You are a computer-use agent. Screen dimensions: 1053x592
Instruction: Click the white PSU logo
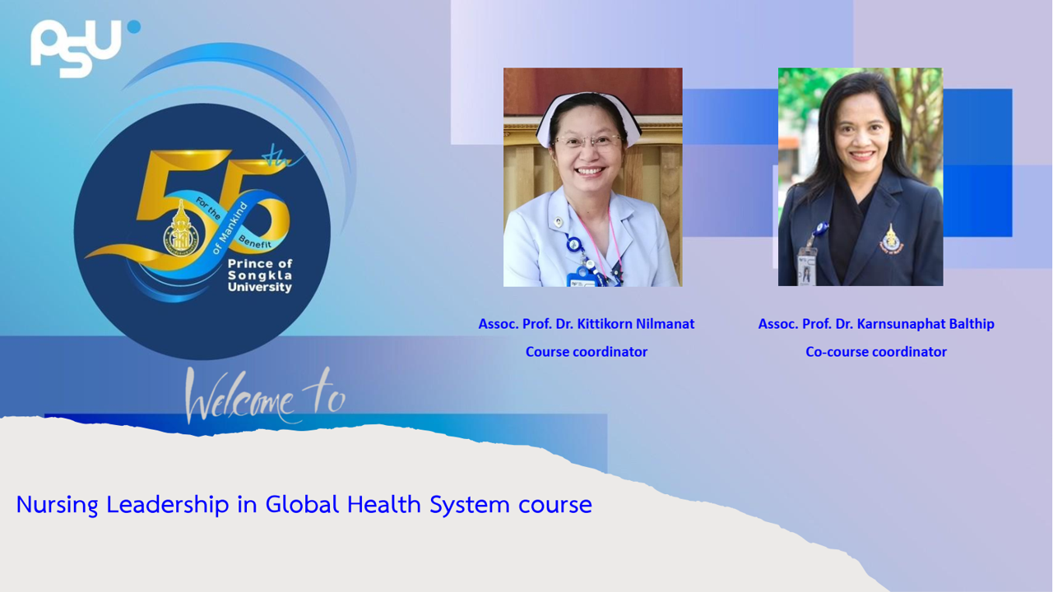[x=75, y=48]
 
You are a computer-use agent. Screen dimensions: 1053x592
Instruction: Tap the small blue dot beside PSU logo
[x=134, y=27]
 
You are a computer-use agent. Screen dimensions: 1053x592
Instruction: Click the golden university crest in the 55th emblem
[x=180, y=229]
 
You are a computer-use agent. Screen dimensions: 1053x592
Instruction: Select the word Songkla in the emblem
[x=260, y=275]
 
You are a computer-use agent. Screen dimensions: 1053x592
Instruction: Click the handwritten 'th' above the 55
[x=282, y=157]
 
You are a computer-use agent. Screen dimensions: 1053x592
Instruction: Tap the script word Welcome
[x=239, y=396]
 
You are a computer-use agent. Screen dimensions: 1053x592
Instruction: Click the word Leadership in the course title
[x=168, y=505]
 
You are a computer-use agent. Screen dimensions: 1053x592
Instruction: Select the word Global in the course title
[x=302, y=505]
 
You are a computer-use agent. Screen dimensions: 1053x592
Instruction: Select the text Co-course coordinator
[x=876, y=352]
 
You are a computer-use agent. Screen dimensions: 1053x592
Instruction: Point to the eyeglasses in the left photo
[x=587, y=140]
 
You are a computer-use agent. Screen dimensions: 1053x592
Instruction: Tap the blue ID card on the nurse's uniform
[x=583, y=278]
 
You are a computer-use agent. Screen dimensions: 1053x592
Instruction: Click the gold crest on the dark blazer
[x=891, y=239]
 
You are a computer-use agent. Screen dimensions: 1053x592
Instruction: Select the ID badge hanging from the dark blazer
[x=807, y=267]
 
